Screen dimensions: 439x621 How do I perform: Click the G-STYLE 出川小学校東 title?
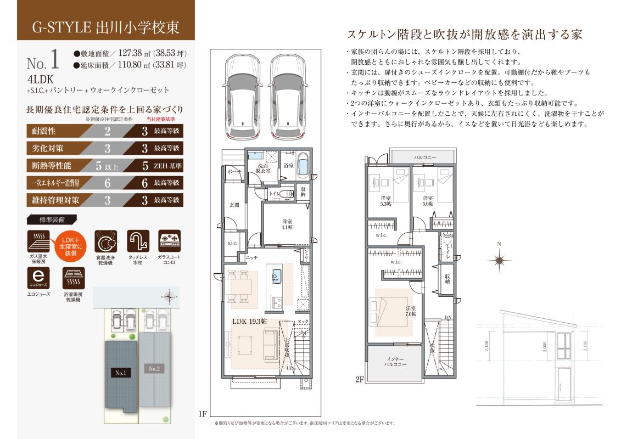point(106,27)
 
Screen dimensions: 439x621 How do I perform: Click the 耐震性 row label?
point(45,131)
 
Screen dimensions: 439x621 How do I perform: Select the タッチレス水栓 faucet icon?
point(138,241)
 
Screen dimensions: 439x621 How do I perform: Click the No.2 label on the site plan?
point(154,369)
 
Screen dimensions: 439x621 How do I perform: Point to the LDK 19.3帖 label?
point(249,320)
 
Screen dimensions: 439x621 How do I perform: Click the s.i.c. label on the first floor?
point(232,243)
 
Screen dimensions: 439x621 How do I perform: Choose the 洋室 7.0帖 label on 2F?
point(411,311)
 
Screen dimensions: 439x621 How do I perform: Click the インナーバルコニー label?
point(395,361)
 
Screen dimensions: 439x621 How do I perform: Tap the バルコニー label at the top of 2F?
point(425,157)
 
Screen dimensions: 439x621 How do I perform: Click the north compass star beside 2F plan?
point(499,260)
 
